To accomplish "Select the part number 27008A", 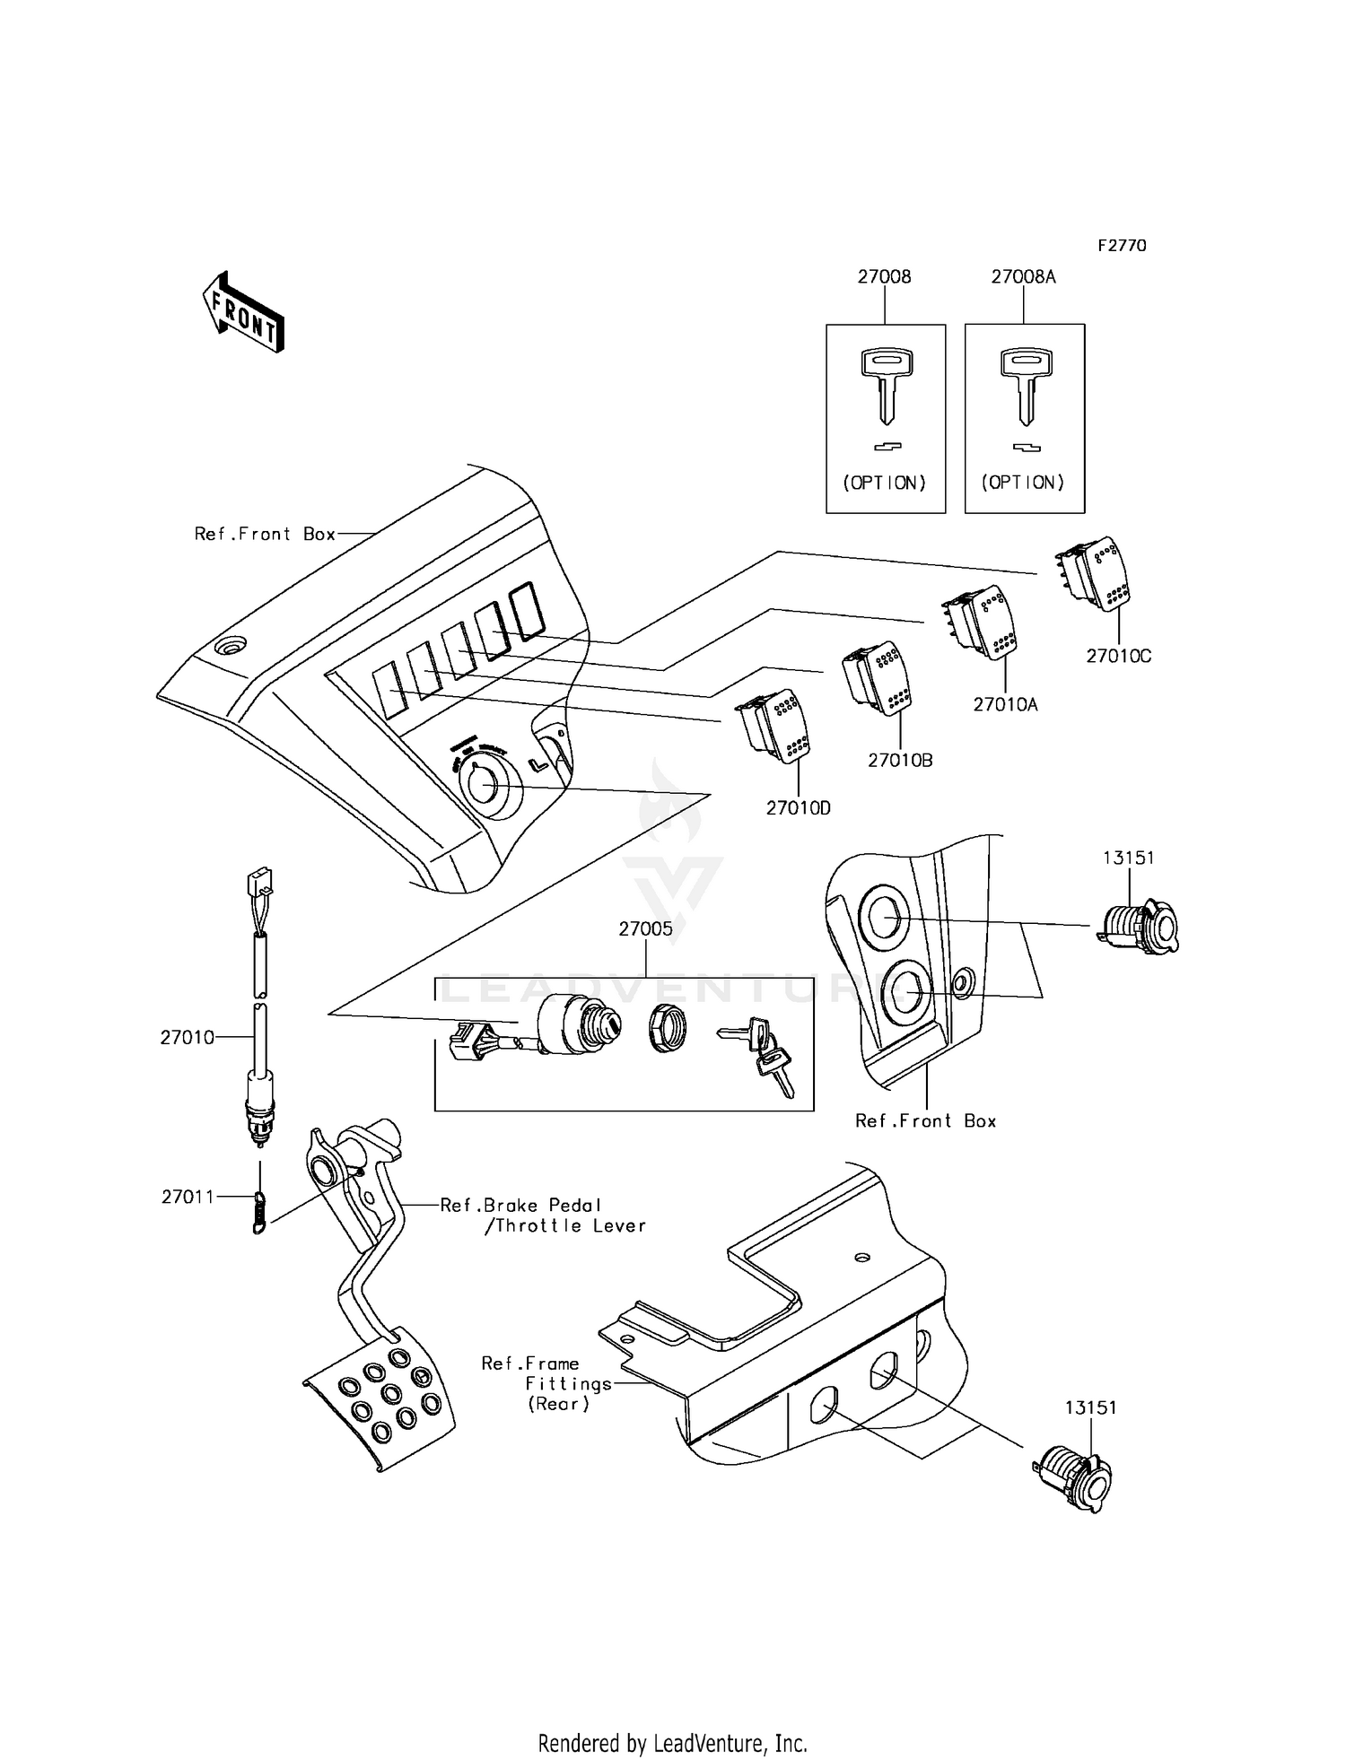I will pyautogui.click(x=1023, y=277).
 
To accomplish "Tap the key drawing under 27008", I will pyautogui.click(x=885, y=386).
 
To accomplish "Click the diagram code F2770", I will pyautogui.click(x=1122, y=246).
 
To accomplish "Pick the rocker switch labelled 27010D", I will pyautogui.click(x=773, y=726).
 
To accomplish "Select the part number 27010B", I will pyautogui.click(x=900, y=761).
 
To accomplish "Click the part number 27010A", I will pyautogui.click(x=1005, y=705).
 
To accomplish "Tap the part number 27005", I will pyautogui.click(x=645, y=929).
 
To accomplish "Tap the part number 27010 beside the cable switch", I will pyautogui.click(x=187, y=1038).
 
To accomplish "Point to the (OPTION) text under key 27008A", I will pyautogui.click(x=1023, y=483).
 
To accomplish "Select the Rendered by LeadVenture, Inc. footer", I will pyautogui.click(x=672, y=1743).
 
